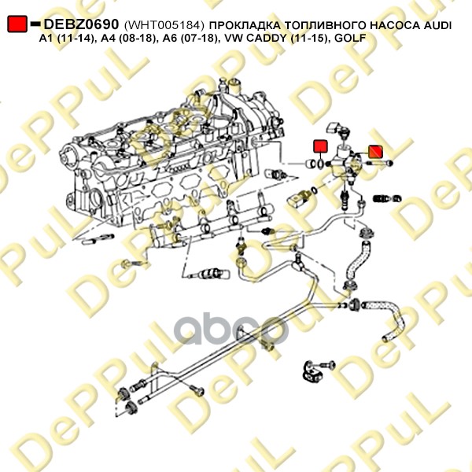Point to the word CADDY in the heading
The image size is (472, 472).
pos(281,38)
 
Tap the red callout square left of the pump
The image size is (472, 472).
pos(320,146)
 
